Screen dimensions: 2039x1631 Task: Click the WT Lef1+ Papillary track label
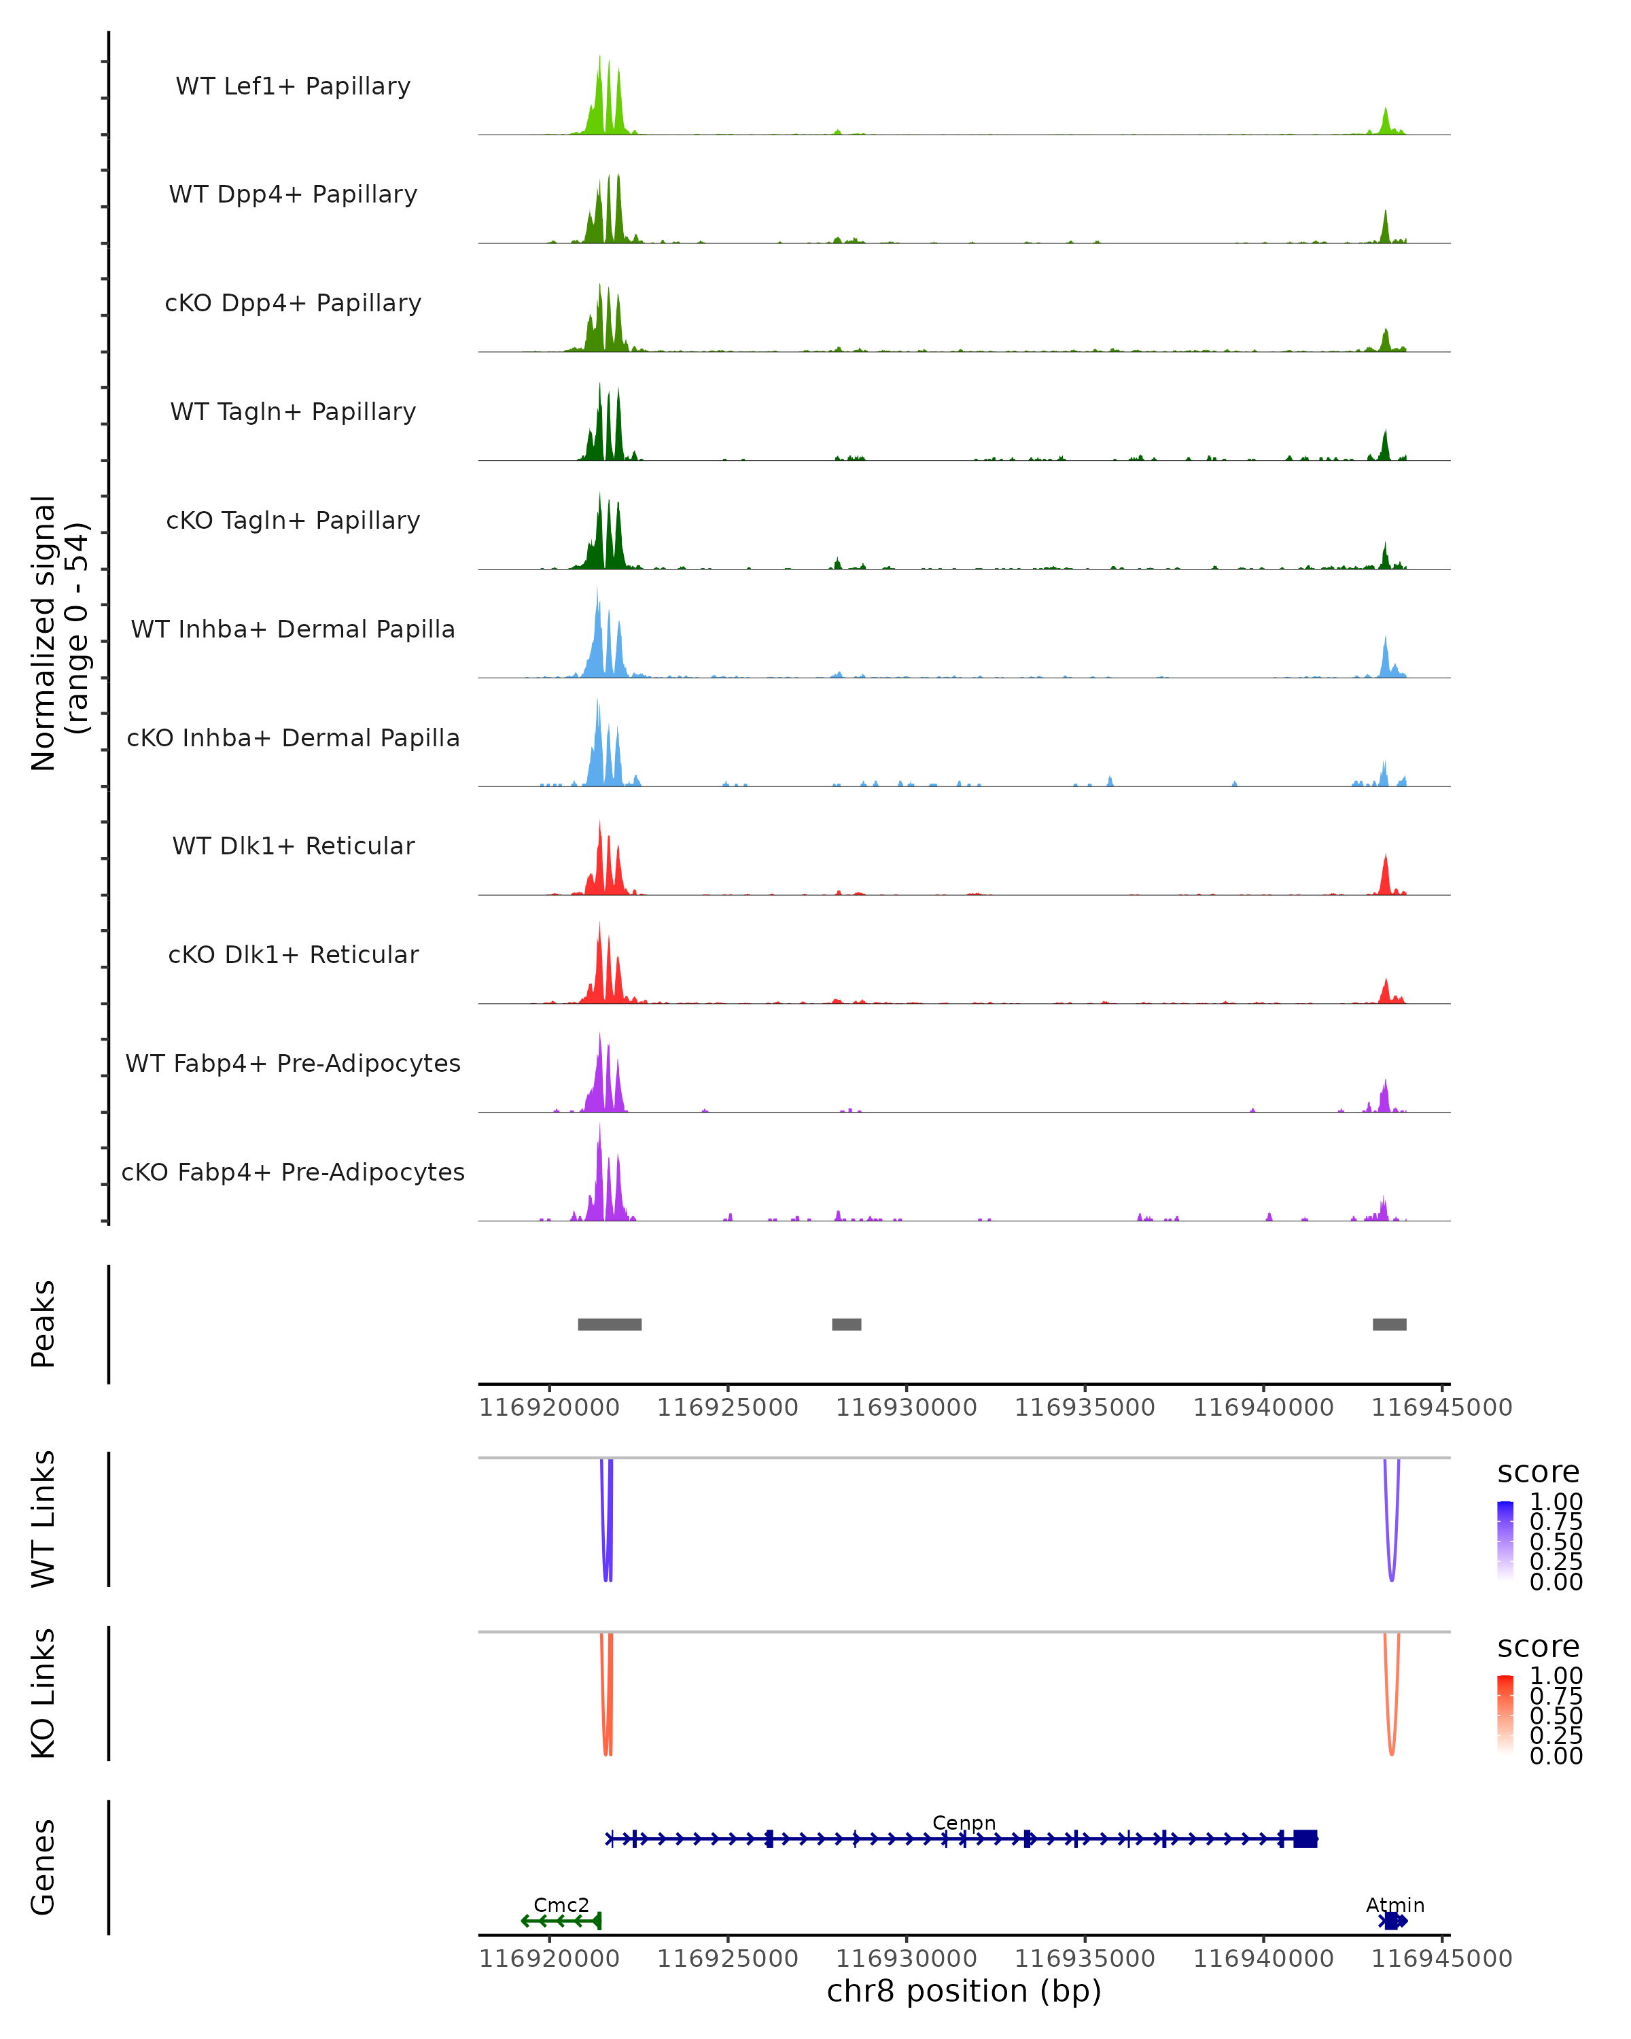(x=293, y=86)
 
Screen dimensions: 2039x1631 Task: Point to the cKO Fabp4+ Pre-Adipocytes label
(x=293, y=1172)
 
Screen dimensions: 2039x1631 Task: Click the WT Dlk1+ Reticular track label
(x=293, y=846)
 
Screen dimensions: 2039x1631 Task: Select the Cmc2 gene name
(x=561, y=1904)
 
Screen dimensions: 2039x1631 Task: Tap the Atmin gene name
(x=1395, y=1904)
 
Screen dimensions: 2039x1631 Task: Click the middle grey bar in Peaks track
(x=846, y=1324)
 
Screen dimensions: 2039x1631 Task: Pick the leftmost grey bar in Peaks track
(x=610, y=1324)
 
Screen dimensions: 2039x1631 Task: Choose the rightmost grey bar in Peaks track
(x=1389, y=1324)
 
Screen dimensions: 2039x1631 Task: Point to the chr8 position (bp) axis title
(x=964, y=1991)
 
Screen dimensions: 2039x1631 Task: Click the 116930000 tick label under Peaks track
(x=906, y=1408)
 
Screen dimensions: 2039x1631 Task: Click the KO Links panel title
(x=43, y=1693)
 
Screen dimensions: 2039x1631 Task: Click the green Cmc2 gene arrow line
(x=561, y=1921)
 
